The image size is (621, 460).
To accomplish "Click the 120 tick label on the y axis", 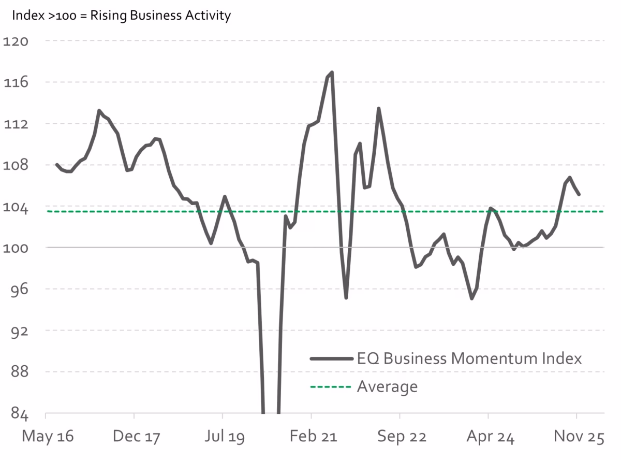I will point(16,41).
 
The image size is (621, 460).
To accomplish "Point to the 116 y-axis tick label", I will point(16,82).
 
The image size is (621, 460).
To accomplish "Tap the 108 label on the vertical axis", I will point(16,165).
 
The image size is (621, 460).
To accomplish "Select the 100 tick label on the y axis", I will point(16,248).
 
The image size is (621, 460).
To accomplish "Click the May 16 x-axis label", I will point(47,437).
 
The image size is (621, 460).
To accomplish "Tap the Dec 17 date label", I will point(135,437).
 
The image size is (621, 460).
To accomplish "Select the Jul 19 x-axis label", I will point(224,437).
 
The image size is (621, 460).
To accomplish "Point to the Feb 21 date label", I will point(313,437).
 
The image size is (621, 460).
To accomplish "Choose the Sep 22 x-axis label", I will point(402,437).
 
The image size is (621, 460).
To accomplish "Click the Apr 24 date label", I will point(490,437).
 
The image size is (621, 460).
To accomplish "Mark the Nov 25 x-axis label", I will point(579,437).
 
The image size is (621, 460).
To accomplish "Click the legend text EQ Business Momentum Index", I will point(469,358).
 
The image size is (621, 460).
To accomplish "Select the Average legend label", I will point(387,386).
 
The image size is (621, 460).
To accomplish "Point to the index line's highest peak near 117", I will point(332,72).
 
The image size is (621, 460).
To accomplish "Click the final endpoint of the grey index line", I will point(579,194).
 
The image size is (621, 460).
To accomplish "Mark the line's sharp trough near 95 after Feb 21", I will point(346,298).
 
